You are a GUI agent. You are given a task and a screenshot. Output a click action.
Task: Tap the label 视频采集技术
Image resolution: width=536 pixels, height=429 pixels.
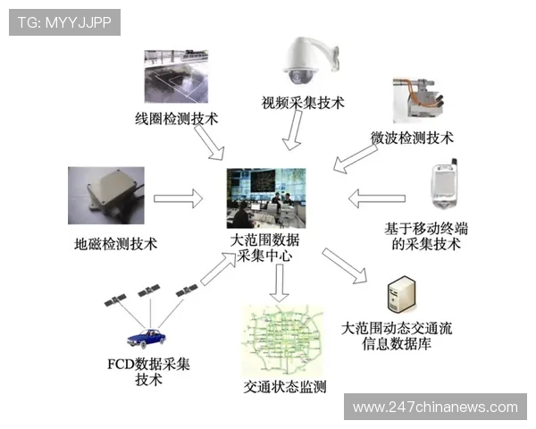pos(303,102)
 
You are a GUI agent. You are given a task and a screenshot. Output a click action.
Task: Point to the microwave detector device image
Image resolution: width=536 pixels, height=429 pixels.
pos(419,104)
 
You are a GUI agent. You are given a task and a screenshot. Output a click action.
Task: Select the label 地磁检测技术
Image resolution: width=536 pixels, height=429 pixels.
pos(116,243)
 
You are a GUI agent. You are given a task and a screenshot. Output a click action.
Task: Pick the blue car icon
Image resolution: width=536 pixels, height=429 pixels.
pos(148,339)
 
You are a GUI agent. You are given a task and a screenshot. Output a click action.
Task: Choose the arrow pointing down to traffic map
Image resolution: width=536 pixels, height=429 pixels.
pos(279,282)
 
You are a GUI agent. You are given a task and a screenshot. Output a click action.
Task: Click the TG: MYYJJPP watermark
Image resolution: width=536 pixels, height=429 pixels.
pos(64,22)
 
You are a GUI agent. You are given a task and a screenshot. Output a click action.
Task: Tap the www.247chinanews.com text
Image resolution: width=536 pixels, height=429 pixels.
pos(435,407)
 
